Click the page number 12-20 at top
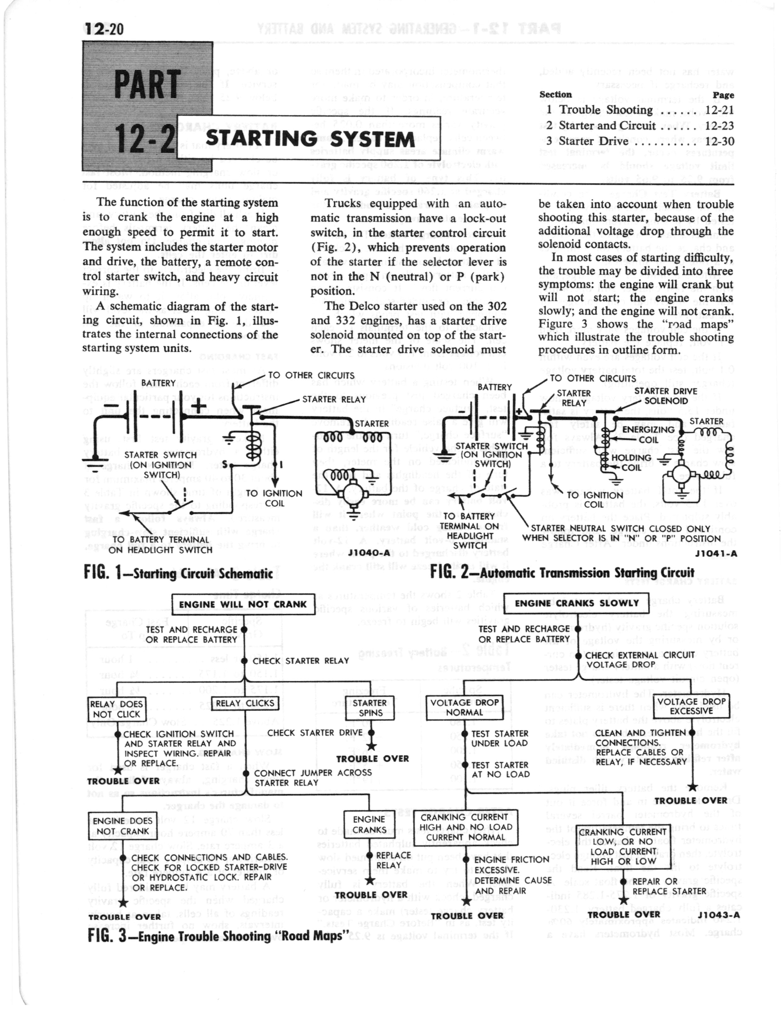103,28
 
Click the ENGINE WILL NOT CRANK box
243,604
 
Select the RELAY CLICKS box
245,703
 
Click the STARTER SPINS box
370,708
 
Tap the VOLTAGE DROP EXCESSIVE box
691,706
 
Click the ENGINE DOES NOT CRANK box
122,826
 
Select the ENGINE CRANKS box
369,824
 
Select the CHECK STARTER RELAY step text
300,661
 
